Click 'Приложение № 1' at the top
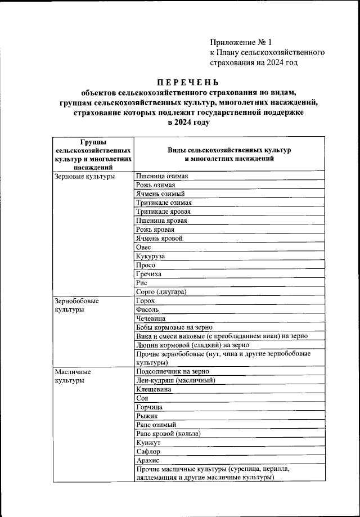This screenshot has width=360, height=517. (241, 42)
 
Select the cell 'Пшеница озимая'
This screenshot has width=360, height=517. (161, 177)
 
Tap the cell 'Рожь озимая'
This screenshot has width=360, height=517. (155, 185)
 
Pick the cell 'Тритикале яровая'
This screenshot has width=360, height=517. (163, 212)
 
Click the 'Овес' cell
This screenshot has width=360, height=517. (143, 247)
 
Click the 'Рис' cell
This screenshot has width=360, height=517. (142, 282)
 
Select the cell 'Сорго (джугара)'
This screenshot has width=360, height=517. (161, 291)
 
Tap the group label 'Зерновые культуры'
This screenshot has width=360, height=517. (85, 177)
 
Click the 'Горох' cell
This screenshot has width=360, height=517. (145, 300)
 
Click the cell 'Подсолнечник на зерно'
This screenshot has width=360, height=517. (173, 371)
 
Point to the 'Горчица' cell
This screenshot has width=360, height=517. (149, 407)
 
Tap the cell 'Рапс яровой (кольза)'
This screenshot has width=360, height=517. (168, 433)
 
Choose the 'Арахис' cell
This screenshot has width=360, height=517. (148, 460)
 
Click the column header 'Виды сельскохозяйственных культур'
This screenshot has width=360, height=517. (229, 151)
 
